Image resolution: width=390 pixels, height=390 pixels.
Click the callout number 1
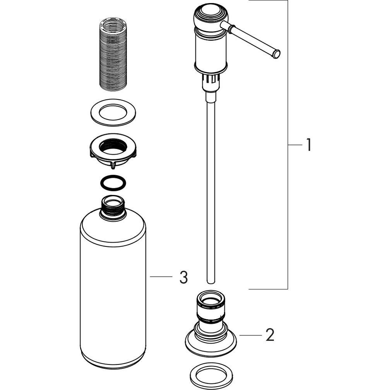coord(308,145)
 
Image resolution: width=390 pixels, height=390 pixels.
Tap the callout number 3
coord(183,277)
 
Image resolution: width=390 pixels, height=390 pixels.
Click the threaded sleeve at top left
coord(113,54)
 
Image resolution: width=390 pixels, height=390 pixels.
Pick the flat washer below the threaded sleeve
coord(113,113)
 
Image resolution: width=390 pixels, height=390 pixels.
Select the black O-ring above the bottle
coord(113,183)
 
